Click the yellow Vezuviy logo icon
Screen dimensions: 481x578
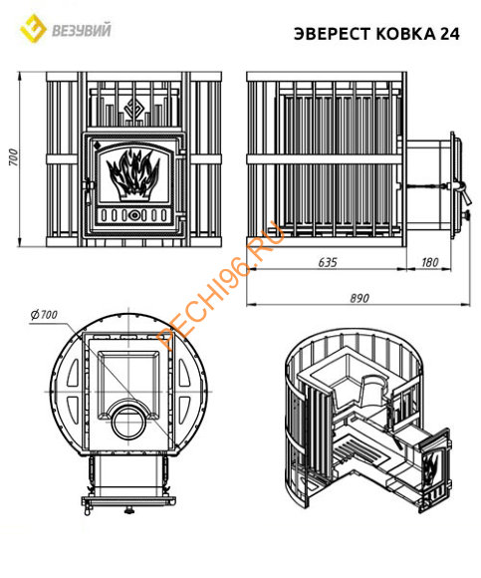(33, 28)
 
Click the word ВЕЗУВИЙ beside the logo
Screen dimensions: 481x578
(82, 30)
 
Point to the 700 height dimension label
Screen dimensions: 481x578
(13, 157)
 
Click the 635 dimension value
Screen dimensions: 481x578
(328, 262)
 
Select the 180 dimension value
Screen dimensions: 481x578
(430, 262)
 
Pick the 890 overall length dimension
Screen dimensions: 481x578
(360, 298)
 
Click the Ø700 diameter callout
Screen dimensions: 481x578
(44, 315)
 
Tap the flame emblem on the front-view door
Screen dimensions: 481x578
(133, 174)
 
